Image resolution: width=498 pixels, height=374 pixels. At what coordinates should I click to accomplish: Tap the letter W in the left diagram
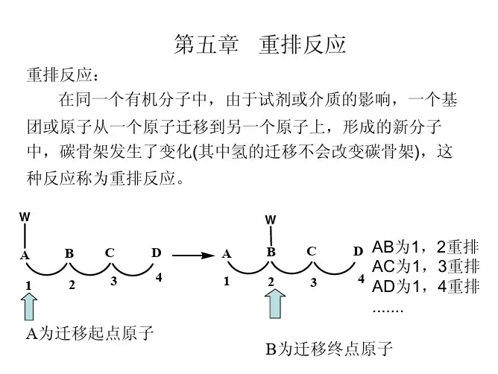25,217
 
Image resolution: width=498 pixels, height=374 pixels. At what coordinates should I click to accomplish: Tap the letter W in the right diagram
271,221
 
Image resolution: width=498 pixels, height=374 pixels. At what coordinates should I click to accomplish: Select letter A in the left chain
24,256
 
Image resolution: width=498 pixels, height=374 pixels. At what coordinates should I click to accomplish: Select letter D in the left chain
156,253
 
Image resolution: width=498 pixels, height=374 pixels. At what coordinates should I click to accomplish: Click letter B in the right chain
271,253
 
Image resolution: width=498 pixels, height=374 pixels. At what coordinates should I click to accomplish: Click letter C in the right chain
311,253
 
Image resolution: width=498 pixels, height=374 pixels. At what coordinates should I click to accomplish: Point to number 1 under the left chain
28,285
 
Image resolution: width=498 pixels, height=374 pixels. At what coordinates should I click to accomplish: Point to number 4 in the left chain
158,278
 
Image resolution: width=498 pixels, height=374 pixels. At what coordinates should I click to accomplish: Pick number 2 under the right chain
272,283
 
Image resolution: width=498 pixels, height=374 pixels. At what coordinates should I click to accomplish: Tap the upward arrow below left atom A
28,306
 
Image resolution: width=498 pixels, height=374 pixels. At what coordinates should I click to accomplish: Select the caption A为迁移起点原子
90,333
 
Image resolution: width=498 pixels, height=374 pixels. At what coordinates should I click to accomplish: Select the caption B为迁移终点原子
329,349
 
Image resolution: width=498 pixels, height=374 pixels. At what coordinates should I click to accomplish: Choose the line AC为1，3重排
425,267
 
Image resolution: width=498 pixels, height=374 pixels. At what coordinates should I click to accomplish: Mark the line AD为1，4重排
425,286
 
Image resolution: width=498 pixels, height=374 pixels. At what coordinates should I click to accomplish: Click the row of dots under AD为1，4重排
387,308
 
